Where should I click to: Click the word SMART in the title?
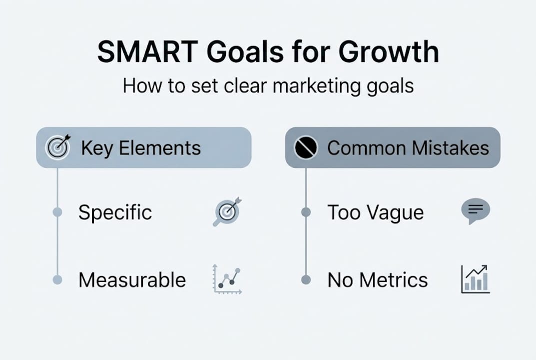(x=148, y=52)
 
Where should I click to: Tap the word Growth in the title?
(x=389, y=52)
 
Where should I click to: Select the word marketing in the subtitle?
(x=317, y=86)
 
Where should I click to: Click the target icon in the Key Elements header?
(x=58, y=147)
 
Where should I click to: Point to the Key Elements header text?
(x=141, y=148)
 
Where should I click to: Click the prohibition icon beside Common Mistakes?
(x=306, y=147)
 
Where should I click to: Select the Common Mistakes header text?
(x=408, y=148)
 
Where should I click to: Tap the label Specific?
(x=115, y=212)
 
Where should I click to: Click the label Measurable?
(x=132, y=280)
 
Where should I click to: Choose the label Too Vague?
(x=376, y=212)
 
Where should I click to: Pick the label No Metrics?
(x=378, y=280)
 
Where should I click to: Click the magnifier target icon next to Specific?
(x=227, y=211)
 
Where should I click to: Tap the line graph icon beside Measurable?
(x=227, y=279)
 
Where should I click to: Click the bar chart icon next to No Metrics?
(x=476, y=279)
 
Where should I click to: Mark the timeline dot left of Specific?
(x=57, y=212)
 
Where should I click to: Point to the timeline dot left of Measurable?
(x=57, y=280)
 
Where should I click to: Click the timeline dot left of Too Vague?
(x=306, y=212)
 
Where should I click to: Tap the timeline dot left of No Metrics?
(x=306, y=280)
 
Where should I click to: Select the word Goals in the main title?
(x=245, y=52)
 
